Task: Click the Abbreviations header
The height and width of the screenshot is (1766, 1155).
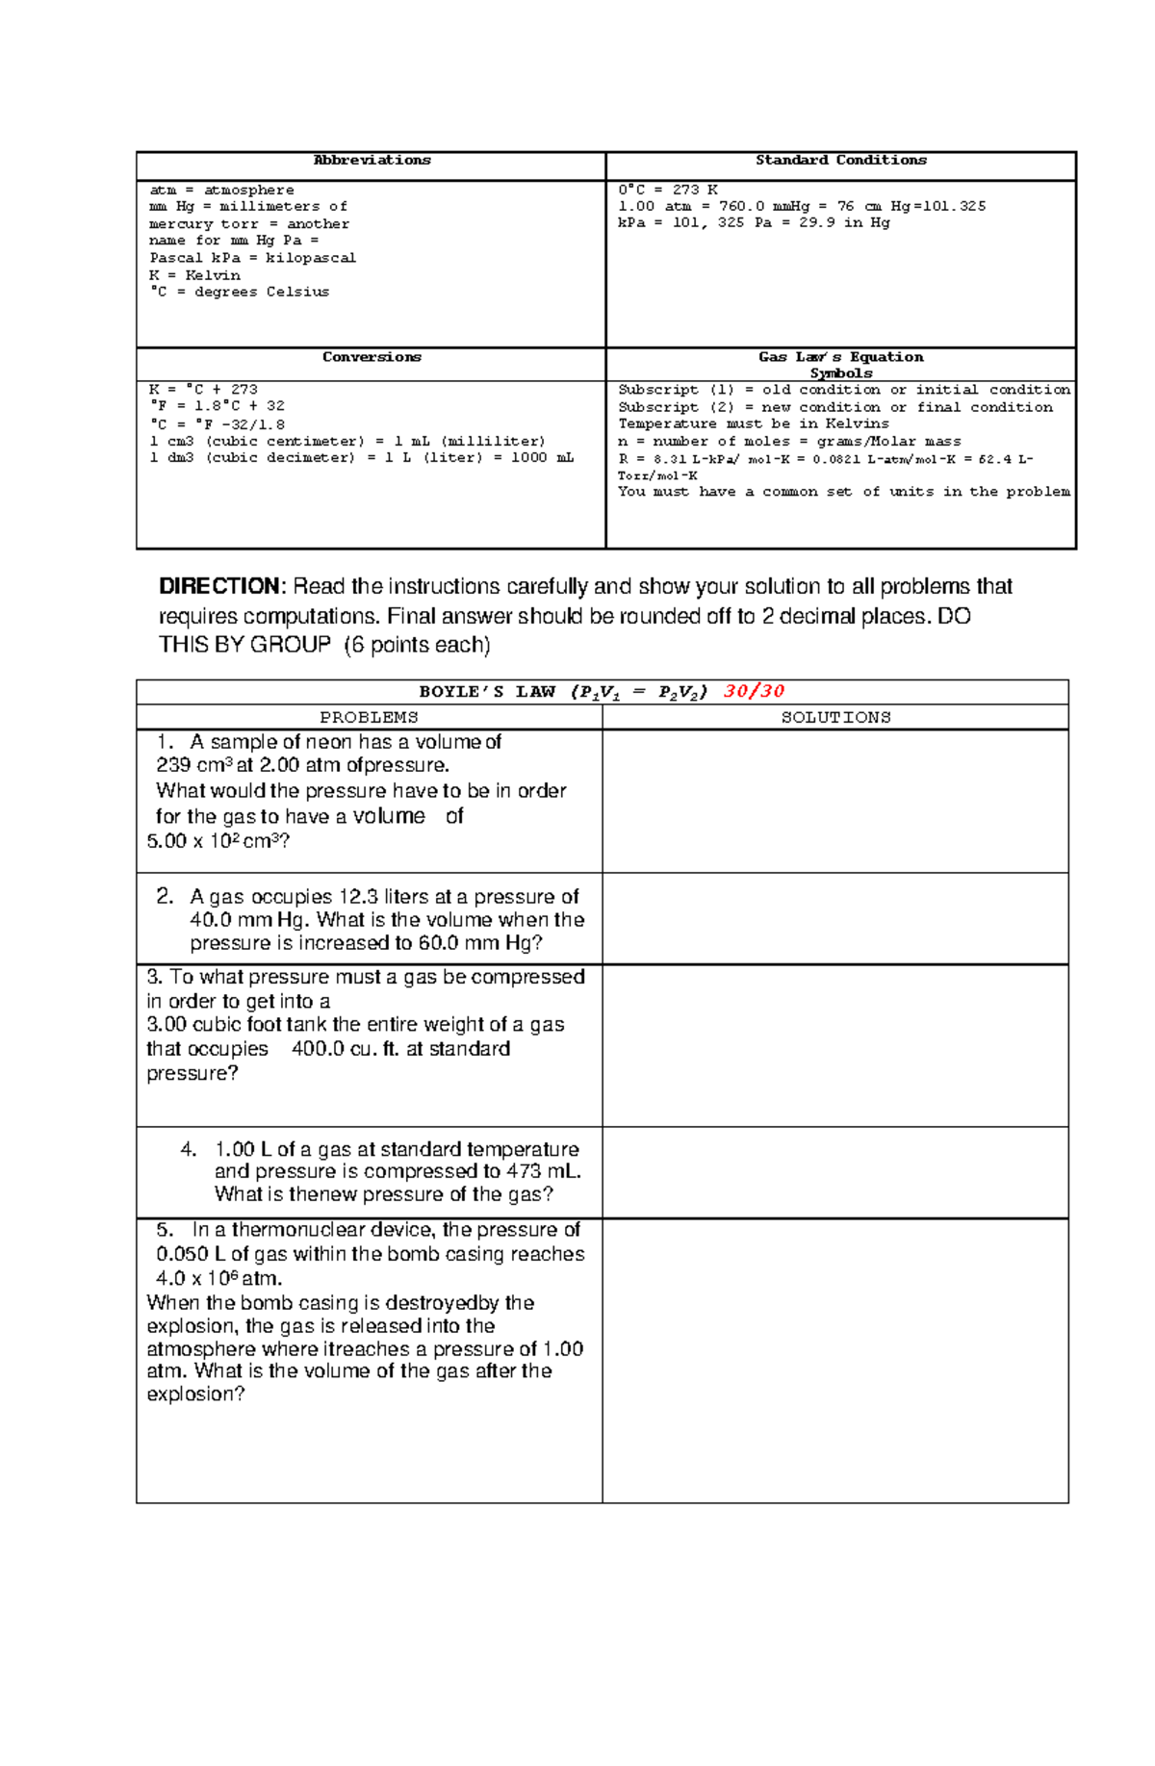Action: point(372,160)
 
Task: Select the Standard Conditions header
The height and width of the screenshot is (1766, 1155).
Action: point(840,160)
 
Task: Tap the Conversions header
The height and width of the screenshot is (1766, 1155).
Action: point(372,357)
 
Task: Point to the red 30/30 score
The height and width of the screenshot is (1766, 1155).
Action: point(754,691)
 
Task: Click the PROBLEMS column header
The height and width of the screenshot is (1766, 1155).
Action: point(369,717)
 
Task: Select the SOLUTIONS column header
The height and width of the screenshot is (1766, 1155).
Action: point(835,717)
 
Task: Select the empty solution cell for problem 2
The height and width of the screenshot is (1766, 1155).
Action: point(835,918)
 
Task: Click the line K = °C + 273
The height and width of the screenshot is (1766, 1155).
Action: point(203,390)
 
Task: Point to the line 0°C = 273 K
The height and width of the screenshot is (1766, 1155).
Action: point(667,190)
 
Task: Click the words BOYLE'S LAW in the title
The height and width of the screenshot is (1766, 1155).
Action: point(487,691)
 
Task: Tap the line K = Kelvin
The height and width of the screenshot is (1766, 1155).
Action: point(194,274)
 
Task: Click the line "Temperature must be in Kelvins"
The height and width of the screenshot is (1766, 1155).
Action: point(753,423)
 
